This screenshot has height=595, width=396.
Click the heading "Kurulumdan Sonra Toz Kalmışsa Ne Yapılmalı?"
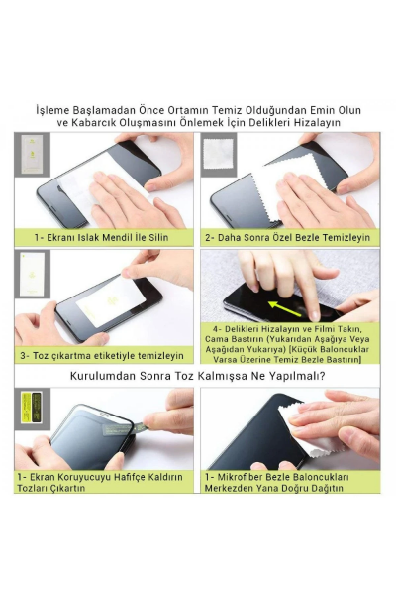coord(198,377)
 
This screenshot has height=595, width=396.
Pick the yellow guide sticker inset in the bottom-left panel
coord(32,408)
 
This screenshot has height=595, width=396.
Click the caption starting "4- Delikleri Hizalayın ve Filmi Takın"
coord(290,342)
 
